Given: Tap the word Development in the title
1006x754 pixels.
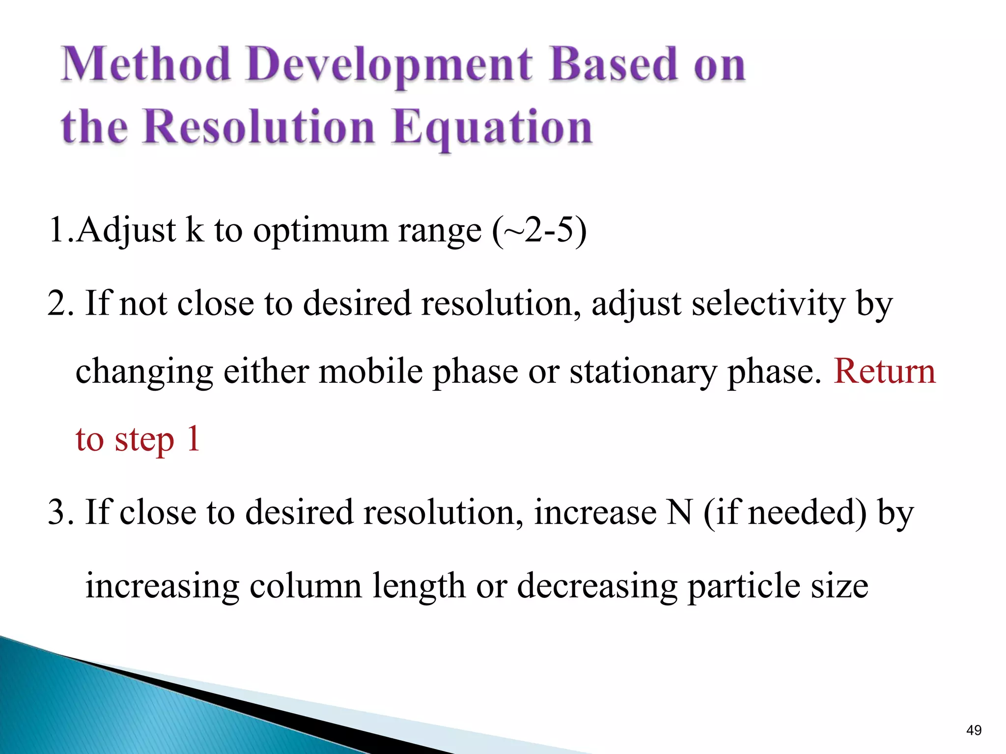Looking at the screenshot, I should [x=389, y=65].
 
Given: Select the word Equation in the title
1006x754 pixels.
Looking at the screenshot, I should [x=493, y=128].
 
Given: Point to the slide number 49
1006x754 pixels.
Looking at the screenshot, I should [x=973, y=730].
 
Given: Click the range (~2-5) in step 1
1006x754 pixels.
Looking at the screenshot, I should [x=539, y=231].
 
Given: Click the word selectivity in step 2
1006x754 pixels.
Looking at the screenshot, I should [x=768, y=303].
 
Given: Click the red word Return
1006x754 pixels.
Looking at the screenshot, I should [x=885, y=371].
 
